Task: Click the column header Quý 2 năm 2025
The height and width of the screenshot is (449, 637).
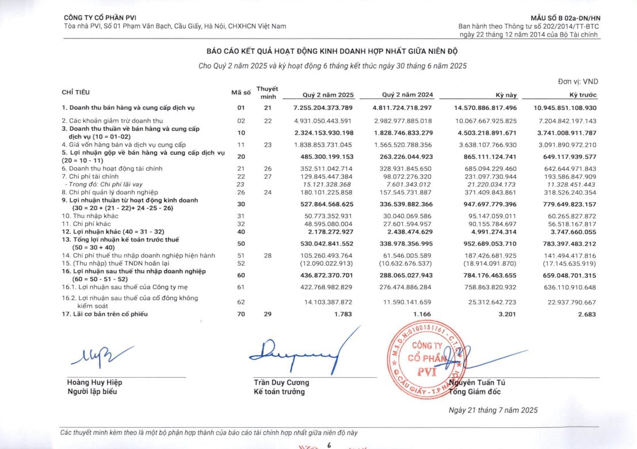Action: pyautogui.click(x=328, y=95)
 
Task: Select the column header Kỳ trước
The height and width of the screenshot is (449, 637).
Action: pyautogui.click(x=583, y=95)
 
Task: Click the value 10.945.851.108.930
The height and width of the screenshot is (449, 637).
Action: pyautogui.click(x=565, y=108)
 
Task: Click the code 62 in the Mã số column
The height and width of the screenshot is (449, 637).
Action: pyautogui.click(x=241, y=302)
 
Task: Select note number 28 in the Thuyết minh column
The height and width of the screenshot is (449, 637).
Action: pyautogui.click(x=267, y=255)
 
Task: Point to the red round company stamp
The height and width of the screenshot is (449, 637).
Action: pyautogui.click(x=424, y=357)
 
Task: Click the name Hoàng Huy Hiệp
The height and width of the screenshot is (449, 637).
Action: pyautogui.click(x=95, y=382)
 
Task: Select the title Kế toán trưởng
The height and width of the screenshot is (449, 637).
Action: pyautogui.click(x=280, y=392)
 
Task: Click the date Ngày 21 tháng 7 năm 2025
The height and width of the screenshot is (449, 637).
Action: pyautogui.click(x=493, y=410)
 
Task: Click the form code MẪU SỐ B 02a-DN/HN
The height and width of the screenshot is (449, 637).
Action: pyautogui.click(x=568, y=18)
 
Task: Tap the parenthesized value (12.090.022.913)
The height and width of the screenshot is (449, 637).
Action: pyautogui.click(x=327, y=263)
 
